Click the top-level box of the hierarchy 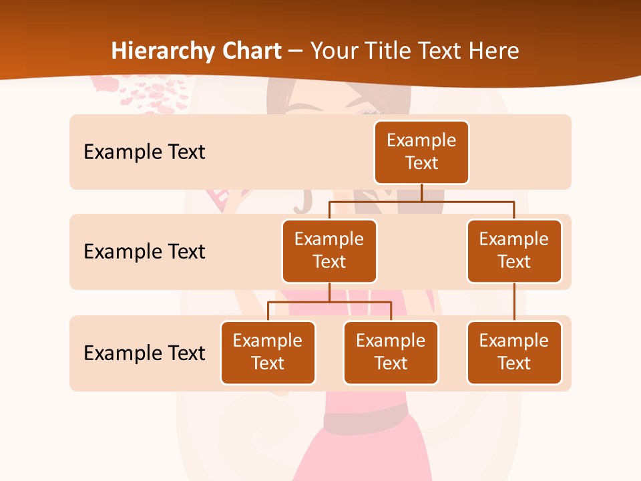pyautogui.click(x=421, y=152)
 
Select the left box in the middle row pyautogui.click(x=329, y=251)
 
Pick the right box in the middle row pyautogui.click(x=514, y=251)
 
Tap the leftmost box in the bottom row pyautogui.click(x=268, y=352)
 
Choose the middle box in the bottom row pyautogui.click(x=391, y=352)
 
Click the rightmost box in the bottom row pyautogui.click(x=514, y=352)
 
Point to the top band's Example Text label pyautogui.click(x=144, y=152)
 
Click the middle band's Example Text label pyautogui.click(x=144, y=251)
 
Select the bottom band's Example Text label pyautogui.click(x=144, y=353)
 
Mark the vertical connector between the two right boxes pyautogui.click(x=514, y=302)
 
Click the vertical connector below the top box pyautogui.click(x=421, y=192)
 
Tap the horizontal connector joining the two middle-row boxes pyautogui.click(x=421, y=200)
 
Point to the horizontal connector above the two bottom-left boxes pyautogui.click(x=329, y=302)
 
